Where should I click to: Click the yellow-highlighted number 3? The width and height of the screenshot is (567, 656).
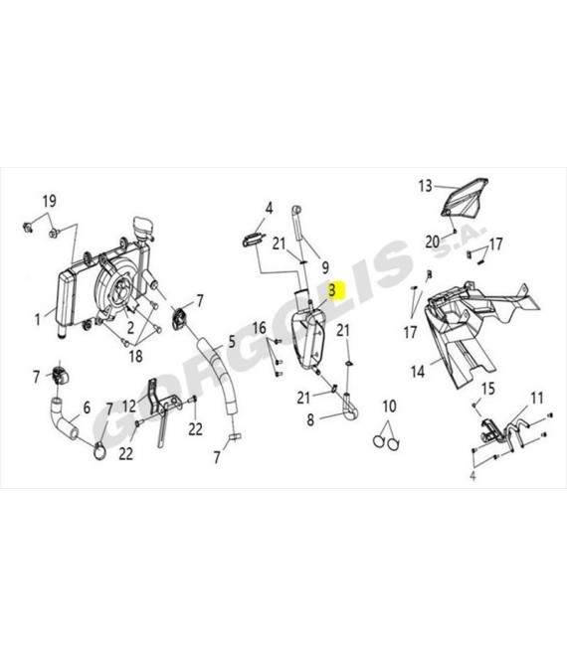332,290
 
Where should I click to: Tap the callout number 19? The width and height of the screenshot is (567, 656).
49,201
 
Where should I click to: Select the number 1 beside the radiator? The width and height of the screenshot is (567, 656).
38,320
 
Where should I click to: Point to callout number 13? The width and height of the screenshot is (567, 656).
425,186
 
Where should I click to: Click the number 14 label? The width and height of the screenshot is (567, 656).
418,371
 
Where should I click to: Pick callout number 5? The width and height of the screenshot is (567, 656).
232,342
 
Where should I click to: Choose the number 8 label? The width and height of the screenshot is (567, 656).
310,419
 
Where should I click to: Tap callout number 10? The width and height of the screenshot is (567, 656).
389,406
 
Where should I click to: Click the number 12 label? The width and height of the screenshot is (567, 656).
129,406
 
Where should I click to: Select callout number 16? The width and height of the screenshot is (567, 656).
260,328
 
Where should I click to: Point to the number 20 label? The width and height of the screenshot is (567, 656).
433,242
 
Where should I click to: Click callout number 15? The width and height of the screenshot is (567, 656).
488,389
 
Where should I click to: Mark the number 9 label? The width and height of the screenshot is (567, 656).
325,267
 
